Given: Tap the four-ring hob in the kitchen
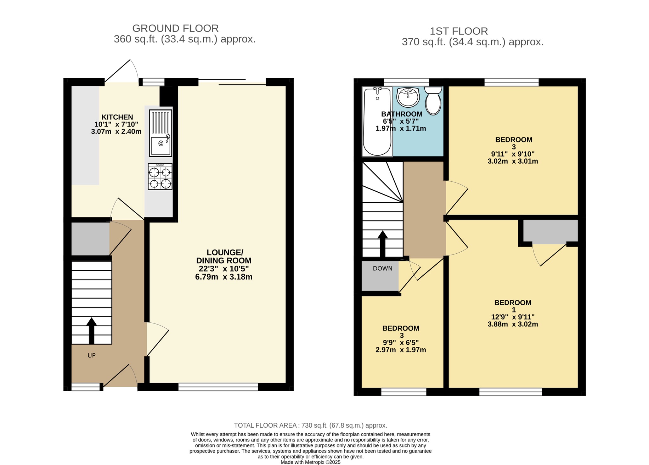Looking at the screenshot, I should pos(160,177).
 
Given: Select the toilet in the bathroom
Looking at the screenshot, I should pos(433,101).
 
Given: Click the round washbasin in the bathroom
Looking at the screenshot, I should pos(408,97).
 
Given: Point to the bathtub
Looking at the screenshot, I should pos(377,122).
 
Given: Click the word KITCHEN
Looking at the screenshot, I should pos(117,117).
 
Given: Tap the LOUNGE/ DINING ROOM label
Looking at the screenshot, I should pos(224,256).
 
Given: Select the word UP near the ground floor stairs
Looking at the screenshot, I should pos(92,355).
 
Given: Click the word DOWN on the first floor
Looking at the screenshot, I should pos(382,268).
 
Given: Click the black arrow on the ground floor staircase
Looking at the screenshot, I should pos(92,331).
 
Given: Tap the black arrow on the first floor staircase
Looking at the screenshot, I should pos(382,243).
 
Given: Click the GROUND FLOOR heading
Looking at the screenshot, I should pos(175,28).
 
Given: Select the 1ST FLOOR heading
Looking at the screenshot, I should pos(459,31).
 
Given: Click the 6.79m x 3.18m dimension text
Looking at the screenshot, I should pos(224,277).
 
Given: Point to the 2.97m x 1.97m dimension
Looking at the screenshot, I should pos(401,350).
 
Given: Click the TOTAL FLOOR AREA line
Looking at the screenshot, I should pos(310,425).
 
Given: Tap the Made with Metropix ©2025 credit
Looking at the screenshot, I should pos(310,462).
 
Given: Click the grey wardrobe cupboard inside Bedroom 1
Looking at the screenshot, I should pos(550,231).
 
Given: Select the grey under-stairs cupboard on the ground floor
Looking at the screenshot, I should pos(90,239).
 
